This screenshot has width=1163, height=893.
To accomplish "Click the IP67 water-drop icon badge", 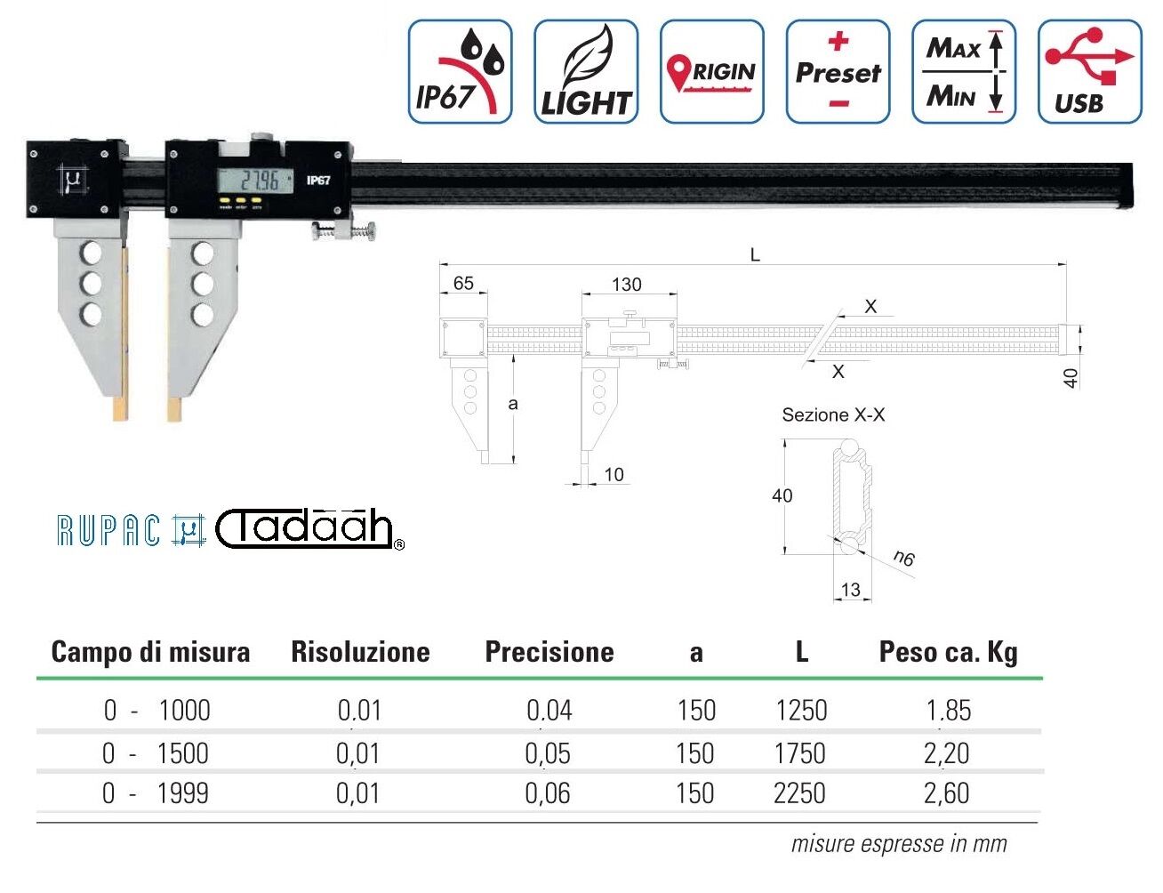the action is [x=460, y=72].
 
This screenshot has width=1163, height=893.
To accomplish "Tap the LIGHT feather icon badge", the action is [x=586, y=72].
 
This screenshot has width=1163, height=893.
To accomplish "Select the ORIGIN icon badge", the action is [x=712, y=72].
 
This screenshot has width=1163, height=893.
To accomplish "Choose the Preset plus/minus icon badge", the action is [x=838, y=72].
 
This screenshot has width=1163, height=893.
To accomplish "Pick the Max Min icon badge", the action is [x=964, y=72].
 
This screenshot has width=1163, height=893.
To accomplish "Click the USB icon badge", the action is [x=1090, y=72].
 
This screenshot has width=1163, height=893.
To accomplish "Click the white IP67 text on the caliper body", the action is [x=318, y=181].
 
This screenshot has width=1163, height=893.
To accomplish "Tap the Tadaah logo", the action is [x=309, y=529].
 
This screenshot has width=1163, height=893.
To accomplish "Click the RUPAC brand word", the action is [x=108, y=531].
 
